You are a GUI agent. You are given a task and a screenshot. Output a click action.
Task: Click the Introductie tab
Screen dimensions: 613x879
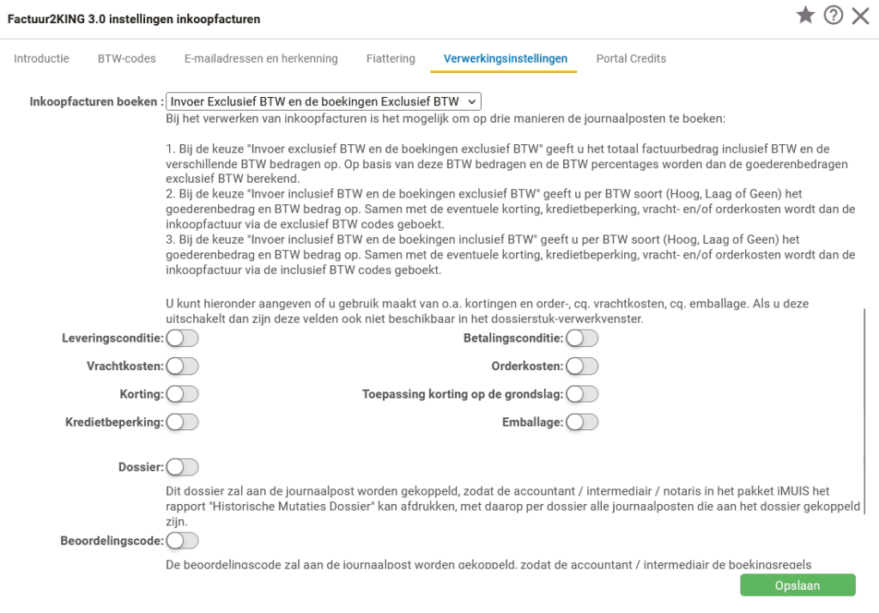[42, 58]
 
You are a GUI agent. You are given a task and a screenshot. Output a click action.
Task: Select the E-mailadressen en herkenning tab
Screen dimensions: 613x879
[261, 58]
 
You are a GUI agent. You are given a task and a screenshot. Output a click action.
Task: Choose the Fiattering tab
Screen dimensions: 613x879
[391, 58]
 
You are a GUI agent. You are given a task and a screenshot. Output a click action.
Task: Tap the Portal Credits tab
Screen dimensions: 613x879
[631, 58]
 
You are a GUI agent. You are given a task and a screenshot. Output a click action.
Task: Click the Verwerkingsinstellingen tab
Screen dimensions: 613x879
[506, 58]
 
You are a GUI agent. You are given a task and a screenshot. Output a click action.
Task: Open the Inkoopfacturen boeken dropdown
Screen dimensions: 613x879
[324, 100]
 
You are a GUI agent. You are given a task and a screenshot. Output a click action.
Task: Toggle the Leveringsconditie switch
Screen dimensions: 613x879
[182, 338]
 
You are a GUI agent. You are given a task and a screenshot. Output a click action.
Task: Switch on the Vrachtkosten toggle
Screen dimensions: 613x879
[182, 367]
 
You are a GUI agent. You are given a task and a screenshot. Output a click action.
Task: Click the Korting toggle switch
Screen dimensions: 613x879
[182, 394]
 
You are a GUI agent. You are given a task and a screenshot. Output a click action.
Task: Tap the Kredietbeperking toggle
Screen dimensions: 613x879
[182, 422]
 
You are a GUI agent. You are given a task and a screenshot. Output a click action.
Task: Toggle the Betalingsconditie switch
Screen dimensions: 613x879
[582, 338]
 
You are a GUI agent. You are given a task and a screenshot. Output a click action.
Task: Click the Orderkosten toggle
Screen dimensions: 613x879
[582, 367]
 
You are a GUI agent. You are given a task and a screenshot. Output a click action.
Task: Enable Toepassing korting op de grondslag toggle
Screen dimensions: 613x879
[582, 394]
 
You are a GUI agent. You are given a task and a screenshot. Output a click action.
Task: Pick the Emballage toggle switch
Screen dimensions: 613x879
[582, 422]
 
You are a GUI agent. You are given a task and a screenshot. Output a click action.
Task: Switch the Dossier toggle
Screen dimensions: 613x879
[182, 467]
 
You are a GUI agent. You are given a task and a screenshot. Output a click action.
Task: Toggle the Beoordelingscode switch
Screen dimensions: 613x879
[182, 541]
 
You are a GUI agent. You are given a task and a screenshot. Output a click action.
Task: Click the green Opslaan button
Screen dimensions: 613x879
[797, 586]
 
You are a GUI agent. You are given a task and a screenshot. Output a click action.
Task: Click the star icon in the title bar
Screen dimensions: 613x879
[805, 16]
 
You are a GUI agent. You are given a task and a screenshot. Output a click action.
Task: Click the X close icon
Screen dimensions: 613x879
[860, 16]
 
